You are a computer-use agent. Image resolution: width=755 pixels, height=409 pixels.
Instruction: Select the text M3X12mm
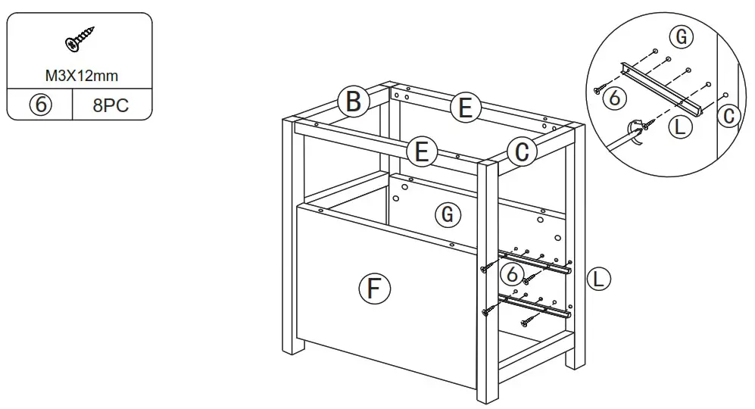80,76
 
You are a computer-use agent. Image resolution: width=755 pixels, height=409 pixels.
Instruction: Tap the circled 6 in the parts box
39,105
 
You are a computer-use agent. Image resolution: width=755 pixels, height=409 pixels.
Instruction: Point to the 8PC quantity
111,105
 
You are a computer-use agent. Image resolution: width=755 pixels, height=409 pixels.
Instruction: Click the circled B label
353,102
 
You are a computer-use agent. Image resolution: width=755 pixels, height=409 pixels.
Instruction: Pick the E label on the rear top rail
465,108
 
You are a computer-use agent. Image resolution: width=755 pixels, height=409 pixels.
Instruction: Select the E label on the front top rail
421,152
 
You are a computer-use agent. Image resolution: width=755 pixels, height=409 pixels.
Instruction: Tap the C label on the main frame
521,152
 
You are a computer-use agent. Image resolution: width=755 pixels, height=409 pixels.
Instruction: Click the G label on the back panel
448,215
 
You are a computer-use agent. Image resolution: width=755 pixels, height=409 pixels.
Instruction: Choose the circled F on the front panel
374,289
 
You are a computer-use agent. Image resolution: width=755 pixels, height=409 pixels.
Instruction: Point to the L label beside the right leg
599,279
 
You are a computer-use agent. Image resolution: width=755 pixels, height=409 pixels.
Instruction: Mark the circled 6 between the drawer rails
513,273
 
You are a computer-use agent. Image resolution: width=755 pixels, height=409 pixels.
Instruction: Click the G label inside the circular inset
682,36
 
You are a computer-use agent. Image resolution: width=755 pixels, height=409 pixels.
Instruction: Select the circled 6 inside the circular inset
617,97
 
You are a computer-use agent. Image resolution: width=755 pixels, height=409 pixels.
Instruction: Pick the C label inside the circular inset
728,116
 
